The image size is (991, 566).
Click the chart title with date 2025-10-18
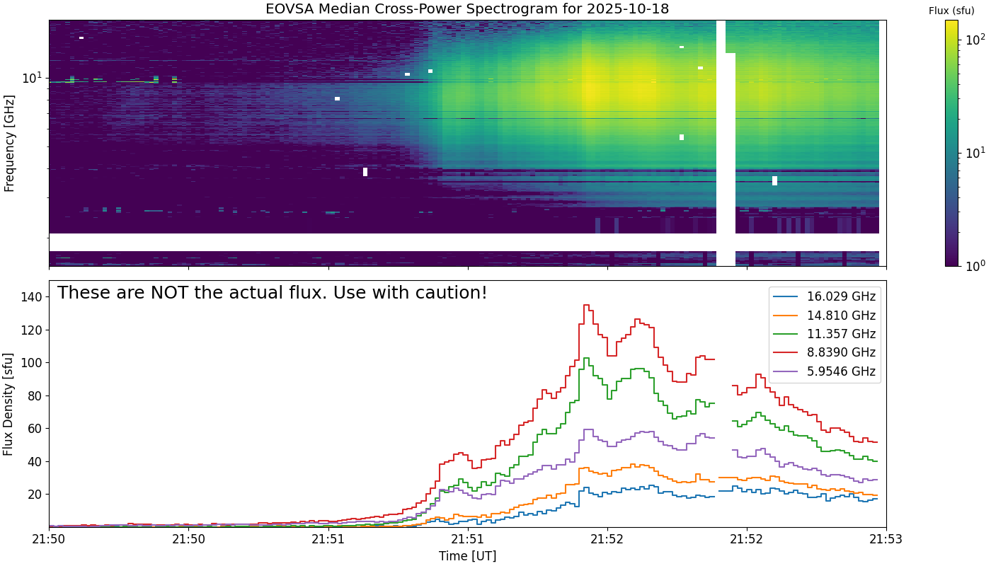[x=467, y=9]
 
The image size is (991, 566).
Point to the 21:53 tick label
[x=886, y=540]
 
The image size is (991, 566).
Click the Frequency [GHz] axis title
[x=9, y=144]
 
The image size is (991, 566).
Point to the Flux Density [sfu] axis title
[x=9, y=403]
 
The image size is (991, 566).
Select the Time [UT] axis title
[x=467, y=556]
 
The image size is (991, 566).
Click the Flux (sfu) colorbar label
[x=951, y=11]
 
